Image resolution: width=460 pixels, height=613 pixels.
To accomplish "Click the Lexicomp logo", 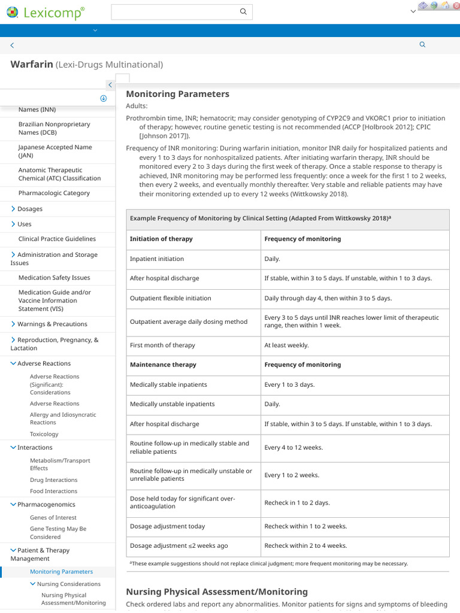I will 44,13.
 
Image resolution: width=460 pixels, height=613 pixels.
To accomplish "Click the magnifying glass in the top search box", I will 243,12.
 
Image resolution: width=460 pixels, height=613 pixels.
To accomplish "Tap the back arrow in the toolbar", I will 12,45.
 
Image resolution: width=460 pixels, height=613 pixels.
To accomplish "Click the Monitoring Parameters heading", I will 177,94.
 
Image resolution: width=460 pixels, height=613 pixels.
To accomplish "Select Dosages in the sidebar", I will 30,209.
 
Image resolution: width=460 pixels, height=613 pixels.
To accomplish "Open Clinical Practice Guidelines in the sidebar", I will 57,239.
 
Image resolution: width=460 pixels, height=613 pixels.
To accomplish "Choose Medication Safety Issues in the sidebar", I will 54,278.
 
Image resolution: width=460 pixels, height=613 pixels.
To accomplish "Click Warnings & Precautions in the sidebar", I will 52,324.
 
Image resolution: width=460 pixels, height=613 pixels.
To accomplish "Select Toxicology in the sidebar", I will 44,434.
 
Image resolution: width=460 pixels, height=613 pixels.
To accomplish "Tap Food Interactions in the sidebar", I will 53,491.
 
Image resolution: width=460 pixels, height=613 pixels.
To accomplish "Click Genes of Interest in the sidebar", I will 53,517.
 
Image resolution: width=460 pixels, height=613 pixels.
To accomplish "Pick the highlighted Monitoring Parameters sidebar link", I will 61,572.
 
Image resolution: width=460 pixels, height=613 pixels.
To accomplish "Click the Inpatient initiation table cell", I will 157,259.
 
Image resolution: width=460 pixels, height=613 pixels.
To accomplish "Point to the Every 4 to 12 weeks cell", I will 293,448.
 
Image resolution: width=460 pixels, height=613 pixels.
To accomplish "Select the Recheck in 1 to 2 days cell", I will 297,503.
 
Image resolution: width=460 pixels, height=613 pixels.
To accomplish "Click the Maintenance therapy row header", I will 163,365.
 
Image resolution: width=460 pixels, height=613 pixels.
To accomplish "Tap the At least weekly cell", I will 287,345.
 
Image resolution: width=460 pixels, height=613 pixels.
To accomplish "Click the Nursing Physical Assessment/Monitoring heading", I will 217,591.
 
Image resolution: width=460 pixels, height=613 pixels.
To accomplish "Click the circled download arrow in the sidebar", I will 103,98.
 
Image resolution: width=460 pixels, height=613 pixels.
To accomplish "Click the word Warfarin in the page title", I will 32,64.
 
